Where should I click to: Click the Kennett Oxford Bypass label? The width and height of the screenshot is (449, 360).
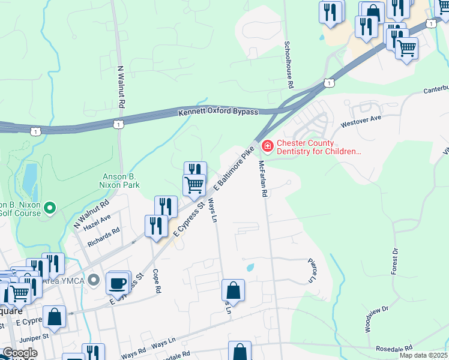218,112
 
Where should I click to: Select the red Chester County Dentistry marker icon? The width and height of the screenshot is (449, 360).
267,146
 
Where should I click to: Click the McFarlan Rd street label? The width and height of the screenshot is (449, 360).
262,179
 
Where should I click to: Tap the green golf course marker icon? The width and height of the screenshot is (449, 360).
50,208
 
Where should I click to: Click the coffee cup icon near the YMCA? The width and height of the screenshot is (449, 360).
118,282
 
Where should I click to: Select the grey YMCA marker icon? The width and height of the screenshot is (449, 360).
93,280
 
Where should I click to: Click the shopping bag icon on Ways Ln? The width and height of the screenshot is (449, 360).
233,290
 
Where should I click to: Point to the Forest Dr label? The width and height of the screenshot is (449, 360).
394,261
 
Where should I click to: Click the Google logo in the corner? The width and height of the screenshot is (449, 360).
20,353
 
